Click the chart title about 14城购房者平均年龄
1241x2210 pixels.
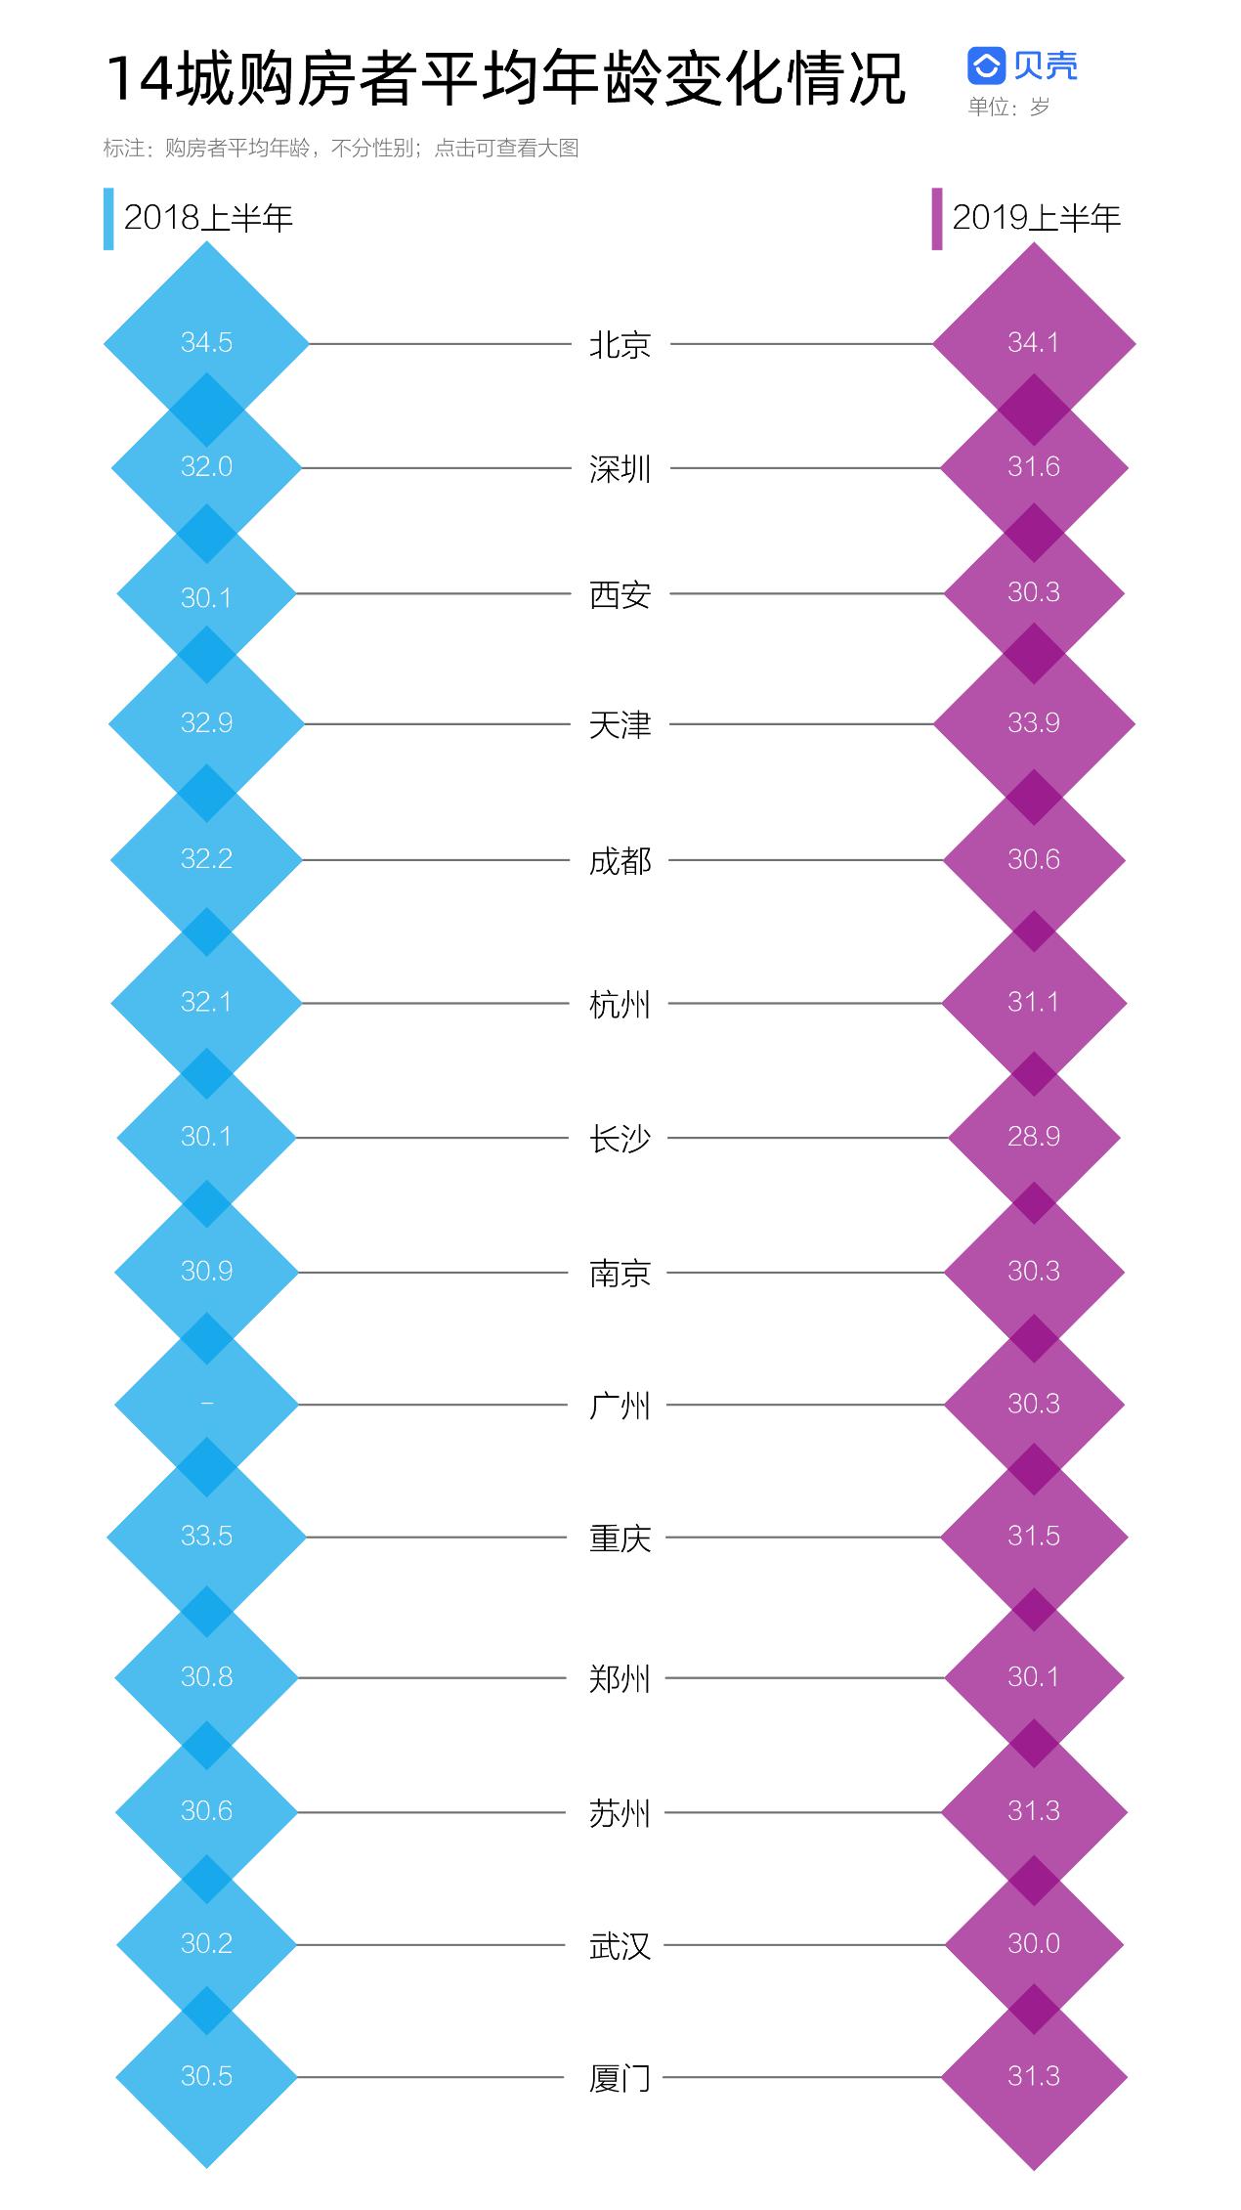tap(506, 78)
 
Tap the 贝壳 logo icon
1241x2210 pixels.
tap(986, 65)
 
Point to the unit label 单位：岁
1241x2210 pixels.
tap(1008, 107)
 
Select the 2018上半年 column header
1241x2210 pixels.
tap(208, 218)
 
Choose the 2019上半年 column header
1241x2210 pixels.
tap(1036, 218)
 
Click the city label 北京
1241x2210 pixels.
tap(620, 345)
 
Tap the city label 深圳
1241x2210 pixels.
tap(620, 469)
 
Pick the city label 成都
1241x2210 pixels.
tap(620, 861)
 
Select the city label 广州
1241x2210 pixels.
tap(620, 1406)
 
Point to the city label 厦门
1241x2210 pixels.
tap(620, 2078)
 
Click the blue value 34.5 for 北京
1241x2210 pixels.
tap(206, 342)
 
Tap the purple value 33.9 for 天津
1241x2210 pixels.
tap(1034, 722)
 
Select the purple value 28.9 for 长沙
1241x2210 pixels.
tap(1034, 1136)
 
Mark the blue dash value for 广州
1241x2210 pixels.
tap(206, 1404)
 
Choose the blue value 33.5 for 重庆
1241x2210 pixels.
tap(206, 1536)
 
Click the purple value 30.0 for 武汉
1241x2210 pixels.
tap(1034, 1943)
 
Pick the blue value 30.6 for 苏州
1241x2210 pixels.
tap(206, 1810)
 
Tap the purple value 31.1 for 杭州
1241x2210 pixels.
tap(1034, 1002)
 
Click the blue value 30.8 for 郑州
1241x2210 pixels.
tap(206, 1676)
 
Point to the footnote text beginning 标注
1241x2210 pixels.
tap(341, 148)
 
